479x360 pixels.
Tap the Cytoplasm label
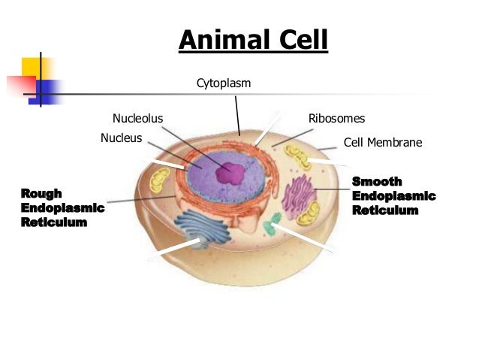click(x=224, y=83)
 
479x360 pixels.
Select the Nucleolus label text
click(x=137, y=118)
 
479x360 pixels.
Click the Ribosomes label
click(x=336, y=119)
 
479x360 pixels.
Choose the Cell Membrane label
click(x=382, y=142)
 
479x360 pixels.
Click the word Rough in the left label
click(x=42, y=193)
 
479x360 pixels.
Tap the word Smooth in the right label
click(x=377, y=181)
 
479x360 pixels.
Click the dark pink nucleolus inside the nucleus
click(x=230, y=174)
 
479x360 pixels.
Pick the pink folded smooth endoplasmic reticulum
click(x=298, y=197)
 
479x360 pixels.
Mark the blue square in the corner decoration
click(x=46, y=91)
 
